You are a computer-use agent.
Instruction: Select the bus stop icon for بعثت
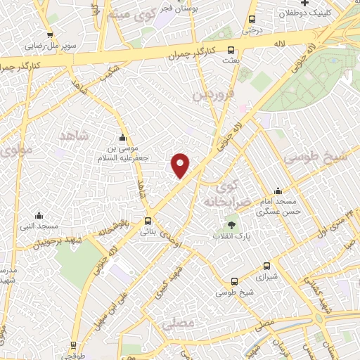(231, 50)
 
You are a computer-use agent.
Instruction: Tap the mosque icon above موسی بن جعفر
(123, 137)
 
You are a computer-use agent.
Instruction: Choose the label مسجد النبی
(39, 226)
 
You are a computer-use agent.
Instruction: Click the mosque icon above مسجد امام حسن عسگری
(278, 190)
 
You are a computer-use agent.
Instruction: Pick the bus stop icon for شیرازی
(266, 266)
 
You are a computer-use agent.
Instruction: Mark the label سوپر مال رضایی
(49, 46)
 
